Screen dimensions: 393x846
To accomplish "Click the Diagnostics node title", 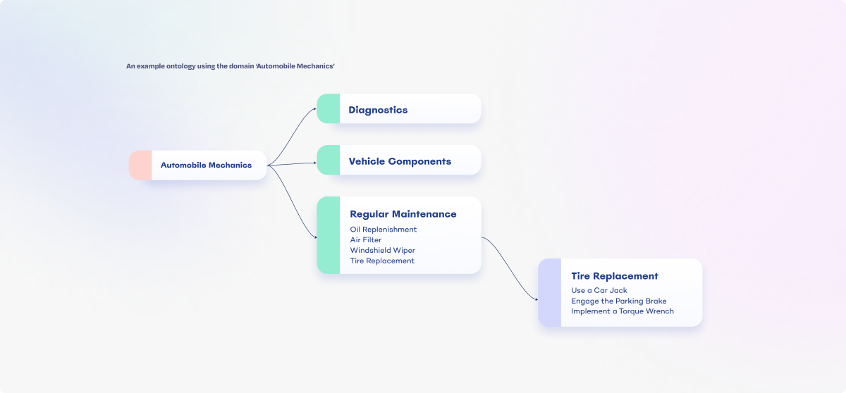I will click(x=378, y=110).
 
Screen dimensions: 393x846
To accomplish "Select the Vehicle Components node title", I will click(x=400, y=161).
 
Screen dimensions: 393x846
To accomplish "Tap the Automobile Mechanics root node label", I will click(x=206, y=166).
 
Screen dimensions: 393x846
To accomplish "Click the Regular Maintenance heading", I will click(x=403, y=214).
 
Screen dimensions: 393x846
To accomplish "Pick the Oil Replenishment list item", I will click(x=383, y=230).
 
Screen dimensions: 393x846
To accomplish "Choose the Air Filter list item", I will click(x=366, y=240).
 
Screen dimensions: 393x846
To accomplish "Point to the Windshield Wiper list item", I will click(x=382, y=251).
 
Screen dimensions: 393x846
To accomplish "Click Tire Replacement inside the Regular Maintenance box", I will click(x=382, y=261).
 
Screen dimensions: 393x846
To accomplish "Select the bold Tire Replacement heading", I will click(x=614, y=276).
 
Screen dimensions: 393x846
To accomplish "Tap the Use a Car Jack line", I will click(x=599, y=291).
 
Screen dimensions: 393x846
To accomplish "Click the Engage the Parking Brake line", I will click(x=618, y=301).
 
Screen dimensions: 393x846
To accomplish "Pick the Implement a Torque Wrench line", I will click(x=622, y=311).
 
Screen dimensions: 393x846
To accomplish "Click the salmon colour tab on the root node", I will click(x=140, y=165).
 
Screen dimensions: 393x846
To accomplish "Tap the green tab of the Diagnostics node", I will click(x=328, y=108).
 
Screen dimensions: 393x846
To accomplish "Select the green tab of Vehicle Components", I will click(x=328, y=160).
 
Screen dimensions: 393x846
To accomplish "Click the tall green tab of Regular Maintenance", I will click(x=328, y=235).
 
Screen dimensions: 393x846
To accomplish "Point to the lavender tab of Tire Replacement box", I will click(x=549, y=292).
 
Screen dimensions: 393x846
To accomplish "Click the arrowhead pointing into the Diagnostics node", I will click(x=314, y=108).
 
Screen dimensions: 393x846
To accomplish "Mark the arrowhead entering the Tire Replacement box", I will click(x=535, y=300).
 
